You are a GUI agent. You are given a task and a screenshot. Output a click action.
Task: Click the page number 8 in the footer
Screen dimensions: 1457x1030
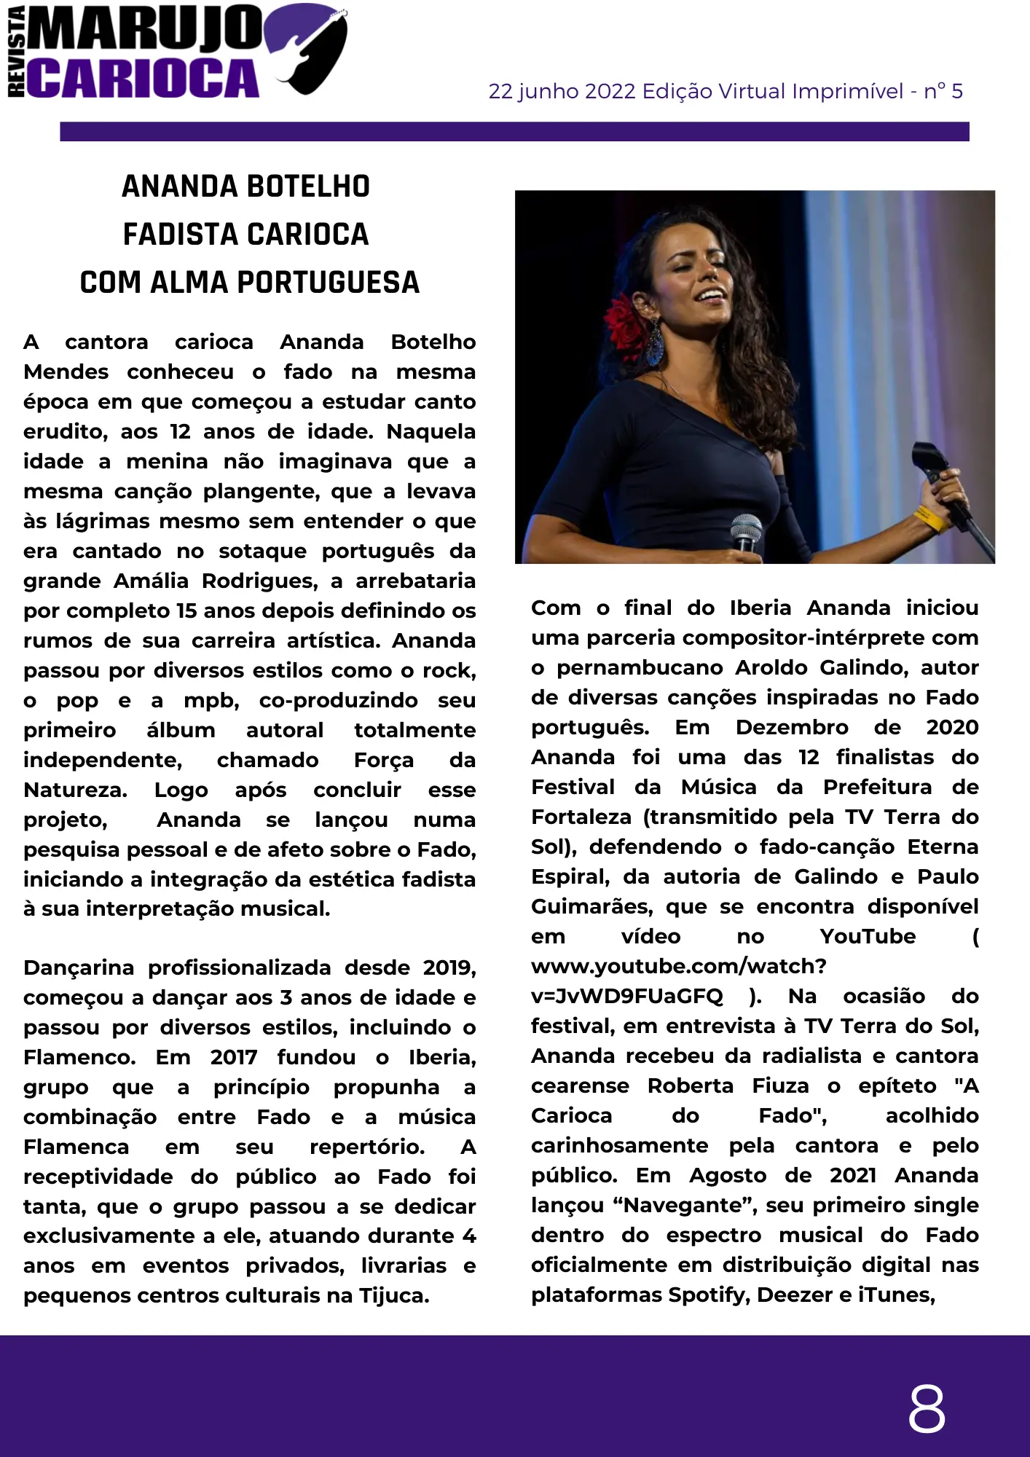coord(927,1408)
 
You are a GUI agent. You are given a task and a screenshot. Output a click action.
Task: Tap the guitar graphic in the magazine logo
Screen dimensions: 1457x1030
coord(310,48)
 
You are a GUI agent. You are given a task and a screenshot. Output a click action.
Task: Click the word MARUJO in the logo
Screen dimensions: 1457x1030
coord(146,28)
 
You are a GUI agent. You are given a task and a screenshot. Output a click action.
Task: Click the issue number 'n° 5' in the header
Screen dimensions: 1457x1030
coord(943,92)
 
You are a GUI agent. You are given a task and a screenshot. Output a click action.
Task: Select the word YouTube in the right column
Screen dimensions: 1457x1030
coord(868,936)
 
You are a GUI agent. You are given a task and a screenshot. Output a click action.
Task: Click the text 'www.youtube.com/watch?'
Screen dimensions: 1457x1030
coord(678,966)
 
